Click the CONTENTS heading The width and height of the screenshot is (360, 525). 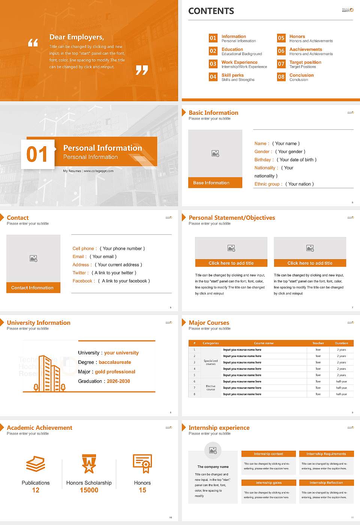(211, 11)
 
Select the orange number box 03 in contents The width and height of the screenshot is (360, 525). (213, 64)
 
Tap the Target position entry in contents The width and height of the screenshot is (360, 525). (305, 62)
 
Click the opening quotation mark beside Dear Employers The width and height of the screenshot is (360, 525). (33, 43)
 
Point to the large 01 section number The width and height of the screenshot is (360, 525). (37, 154)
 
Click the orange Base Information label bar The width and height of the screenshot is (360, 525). (215, 183)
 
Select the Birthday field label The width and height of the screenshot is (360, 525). (262, 160)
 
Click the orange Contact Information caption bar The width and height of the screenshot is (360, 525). (33, 288)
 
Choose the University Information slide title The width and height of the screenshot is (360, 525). (39, 322)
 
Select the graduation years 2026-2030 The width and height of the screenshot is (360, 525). (118, 381)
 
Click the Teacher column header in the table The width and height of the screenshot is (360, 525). (318, 343)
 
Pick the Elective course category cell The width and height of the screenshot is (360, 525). (210, 388)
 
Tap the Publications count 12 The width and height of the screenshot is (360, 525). (36, 490)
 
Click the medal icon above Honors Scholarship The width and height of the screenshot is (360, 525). (89, 464)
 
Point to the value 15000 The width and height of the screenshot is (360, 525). (89, 490)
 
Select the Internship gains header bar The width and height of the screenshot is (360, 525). (268, 483)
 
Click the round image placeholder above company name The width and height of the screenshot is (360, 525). (213, 450)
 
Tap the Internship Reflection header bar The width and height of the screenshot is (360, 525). (326, 483)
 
